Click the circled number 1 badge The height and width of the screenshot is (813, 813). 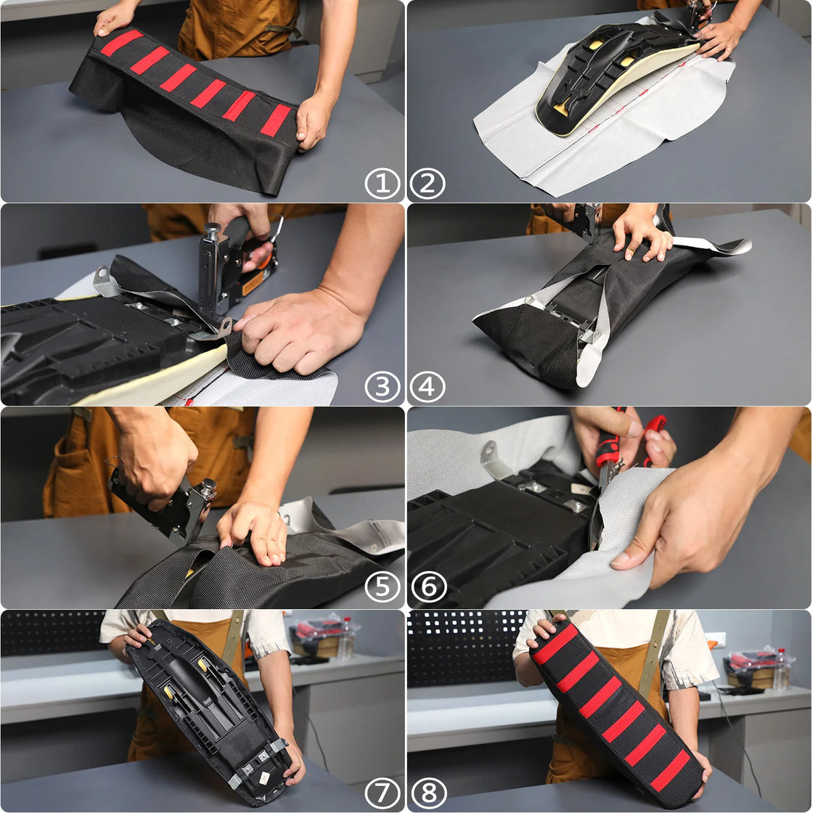tap(382, 184)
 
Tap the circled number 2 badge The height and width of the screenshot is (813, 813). tap(428, 184)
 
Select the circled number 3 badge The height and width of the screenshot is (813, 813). tap(382, 386)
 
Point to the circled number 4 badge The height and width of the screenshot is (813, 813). tap(428, 386)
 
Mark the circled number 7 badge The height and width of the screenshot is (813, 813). tap(382, 793)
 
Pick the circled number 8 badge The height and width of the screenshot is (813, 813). tap(428, 793)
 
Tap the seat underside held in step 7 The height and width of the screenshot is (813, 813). tap(211, 711)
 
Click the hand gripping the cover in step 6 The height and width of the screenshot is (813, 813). tap(697, 515)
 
